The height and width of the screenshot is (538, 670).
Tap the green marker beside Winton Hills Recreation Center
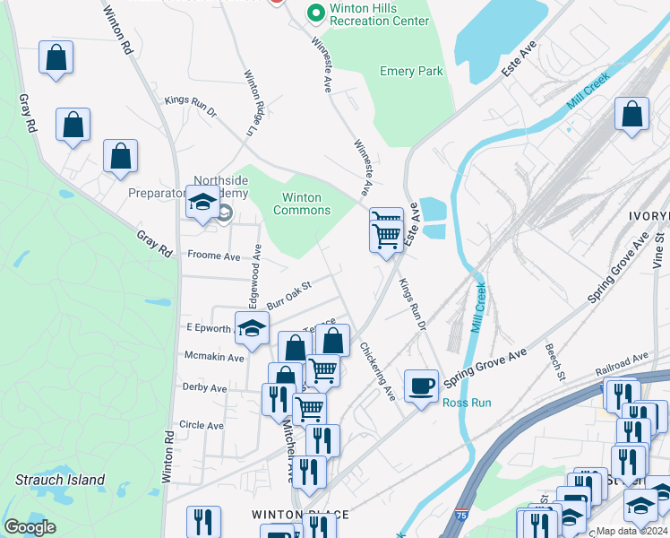(x=314, y=13)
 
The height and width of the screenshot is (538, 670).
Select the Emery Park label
(x=411, y=71)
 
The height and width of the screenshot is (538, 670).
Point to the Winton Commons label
(x=306, y=204)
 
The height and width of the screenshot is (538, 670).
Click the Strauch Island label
(x=60, y=480)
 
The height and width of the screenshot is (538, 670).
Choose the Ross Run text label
(x=467, y=403)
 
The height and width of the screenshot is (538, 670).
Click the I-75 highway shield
(x=460, y=517)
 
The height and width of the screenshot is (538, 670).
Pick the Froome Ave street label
(x=214, y=256)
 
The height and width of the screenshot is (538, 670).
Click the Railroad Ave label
(x=622, y=365)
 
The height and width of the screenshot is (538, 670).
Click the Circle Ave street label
(x=202, y=424)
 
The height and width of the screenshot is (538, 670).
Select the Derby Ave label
(x=204, y=388)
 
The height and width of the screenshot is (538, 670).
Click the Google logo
(x=30, y=527)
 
